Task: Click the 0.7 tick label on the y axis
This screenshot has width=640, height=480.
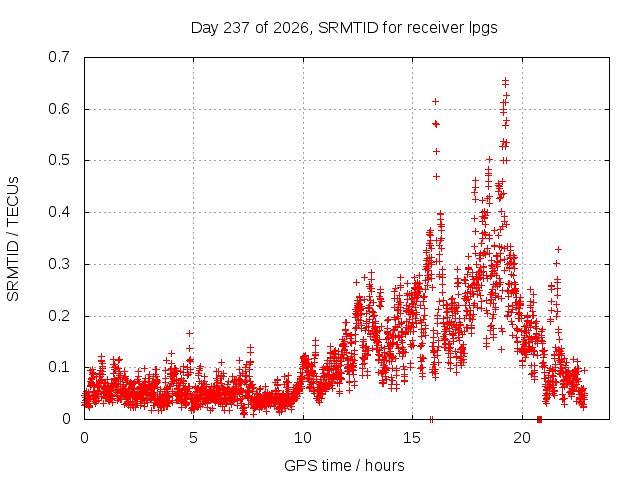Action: [59, 57]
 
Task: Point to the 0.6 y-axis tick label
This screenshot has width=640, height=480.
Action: [59, 109]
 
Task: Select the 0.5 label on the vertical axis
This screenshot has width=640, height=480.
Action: [59, 160]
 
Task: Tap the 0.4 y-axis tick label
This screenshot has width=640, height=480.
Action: [59, 212]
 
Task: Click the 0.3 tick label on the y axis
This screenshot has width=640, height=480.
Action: [59, 264]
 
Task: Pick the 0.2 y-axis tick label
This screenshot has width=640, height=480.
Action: [59, 316]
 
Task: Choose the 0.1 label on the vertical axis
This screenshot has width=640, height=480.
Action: [59, 367]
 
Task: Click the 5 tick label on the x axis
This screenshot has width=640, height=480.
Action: [193, 438]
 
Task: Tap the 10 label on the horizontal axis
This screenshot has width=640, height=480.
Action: [303, 438]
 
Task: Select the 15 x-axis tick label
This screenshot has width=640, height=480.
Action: [412, 438]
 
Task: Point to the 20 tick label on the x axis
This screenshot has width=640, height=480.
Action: [522, 438]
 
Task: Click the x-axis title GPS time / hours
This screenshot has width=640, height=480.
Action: [344, 466]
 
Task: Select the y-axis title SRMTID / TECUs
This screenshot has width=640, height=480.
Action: [13, 239]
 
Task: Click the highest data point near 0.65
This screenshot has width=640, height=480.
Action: [505, 80]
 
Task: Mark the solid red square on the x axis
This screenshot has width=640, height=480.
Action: [539, 419]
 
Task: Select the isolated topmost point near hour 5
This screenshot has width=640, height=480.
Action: [189, 333]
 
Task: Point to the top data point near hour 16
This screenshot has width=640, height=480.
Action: [436, 101]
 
